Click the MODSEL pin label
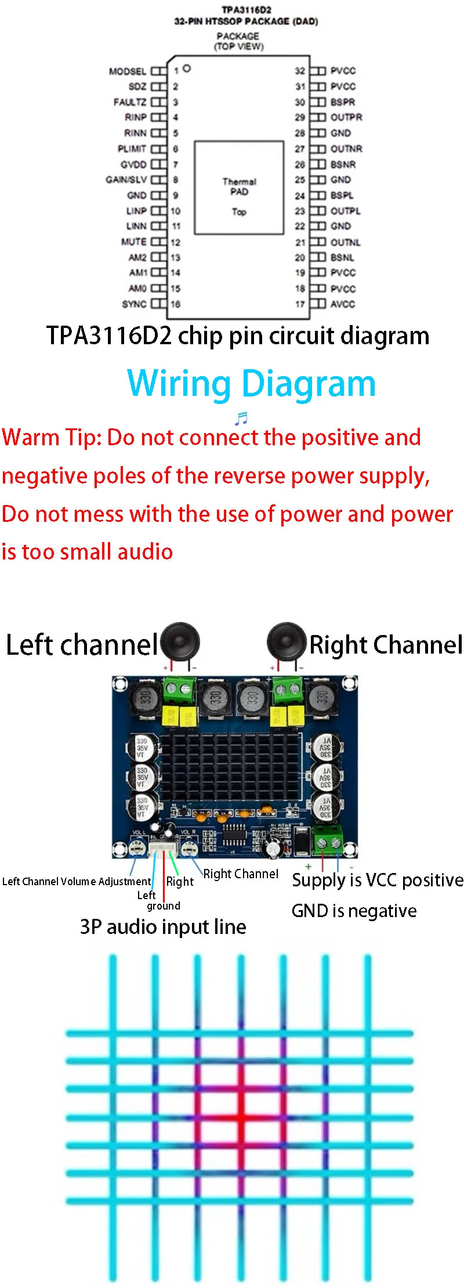[x=128, y=71]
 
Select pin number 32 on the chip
[x=300, y=71]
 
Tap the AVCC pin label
[x=343, y=304]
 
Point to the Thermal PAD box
[x=239, y=187]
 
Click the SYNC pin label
[x=134, y=304]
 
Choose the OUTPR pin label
[x=346, y=117]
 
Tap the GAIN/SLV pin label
[x=126, y=180]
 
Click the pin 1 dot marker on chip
[x=187, y=68]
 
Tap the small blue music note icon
[x=241, y=418]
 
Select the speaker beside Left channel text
[x=180, y=643]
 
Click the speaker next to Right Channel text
[x=286, y=643]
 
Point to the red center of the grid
[x=240, y=1117]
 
